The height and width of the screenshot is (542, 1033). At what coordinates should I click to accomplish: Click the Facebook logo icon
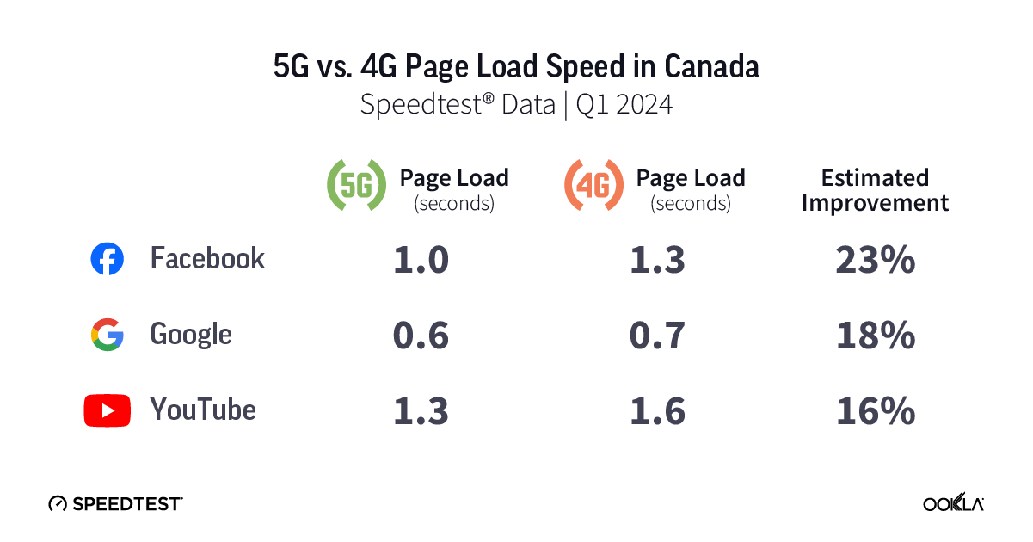[108, 259]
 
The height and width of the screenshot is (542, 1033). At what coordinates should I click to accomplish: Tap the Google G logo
[108, 335]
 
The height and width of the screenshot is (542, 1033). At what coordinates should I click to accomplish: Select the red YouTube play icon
[108, 410]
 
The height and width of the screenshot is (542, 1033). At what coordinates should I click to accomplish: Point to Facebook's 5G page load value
[421, 260]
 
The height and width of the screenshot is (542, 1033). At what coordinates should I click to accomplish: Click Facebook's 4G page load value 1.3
[657, 260]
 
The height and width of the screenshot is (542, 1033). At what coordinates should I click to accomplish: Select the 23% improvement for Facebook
[875, 260]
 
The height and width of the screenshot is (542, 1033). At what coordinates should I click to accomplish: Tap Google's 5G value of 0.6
[421, 336]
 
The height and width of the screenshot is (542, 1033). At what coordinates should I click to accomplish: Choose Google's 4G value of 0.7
[657, 336]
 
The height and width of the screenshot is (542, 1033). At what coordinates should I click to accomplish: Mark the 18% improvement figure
[875, 336]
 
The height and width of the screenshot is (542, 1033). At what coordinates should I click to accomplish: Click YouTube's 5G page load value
[421, 411]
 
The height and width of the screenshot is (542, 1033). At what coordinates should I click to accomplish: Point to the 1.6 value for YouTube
[657, 411]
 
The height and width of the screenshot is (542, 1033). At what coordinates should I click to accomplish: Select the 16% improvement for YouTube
[875, 411]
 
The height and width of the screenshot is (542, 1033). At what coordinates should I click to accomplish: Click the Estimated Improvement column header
[875, 190]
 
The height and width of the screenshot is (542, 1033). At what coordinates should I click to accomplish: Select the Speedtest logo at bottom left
[115, 503]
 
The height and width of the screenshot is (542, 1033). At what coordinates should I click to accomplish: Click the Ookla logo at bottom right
[953, 503]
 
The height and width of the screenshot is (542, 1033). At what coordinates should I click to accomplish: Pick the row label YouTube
[203, 410]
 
